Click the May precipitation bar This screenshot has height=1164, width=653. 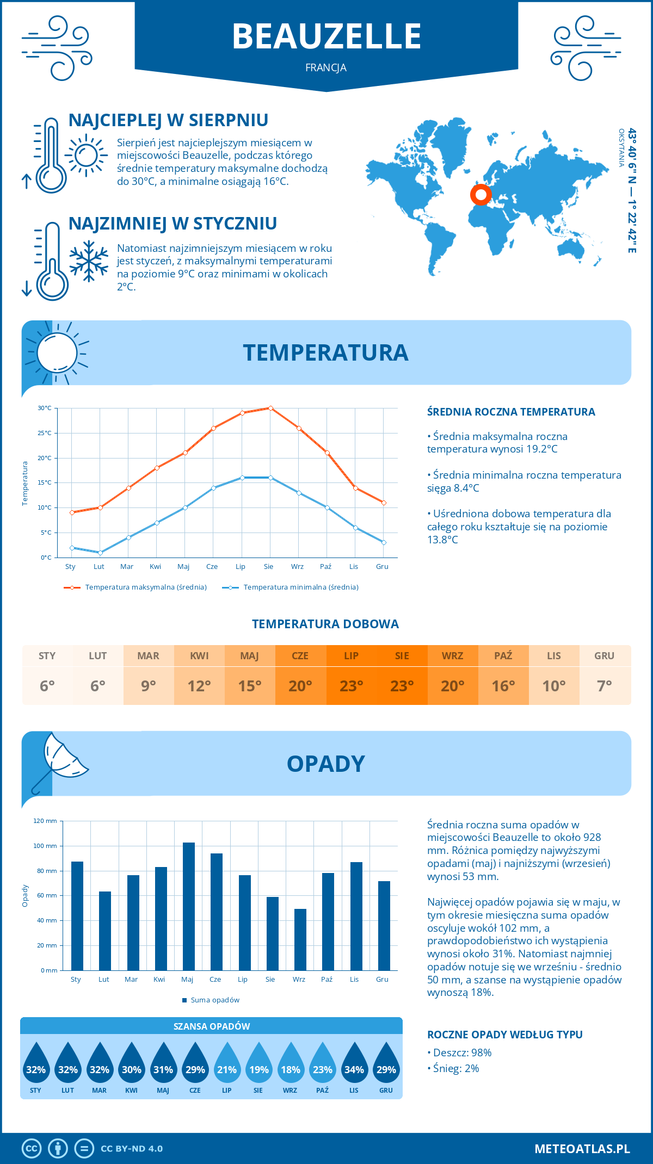coord(189,906)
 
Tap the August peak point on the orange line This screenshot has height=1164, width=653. coord(270,408)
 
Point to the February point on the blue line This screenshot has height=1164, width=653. coord(100,553)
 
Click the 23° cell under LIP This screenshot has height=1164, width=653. coord(351,686)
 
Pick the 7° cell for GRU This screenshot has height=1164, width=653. coord(604,686)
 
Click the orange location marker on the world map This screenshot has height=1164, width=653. coord(480,194)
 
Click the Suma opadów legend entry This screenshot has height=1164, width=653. coord(214,1000)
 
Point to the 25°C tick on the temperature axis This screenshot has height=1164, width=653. coord(45,433)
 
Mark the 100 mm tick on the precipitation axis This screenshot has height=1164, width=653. coord(45,846)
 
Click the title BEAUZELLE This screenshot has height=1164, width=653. coord(326,36)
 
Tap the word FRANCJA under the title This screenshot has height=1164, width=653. coord(326,68)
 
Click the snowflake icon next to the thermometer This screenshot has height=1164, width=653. coord(89,261)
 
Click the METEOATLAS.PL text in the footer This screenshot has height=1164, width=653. coord(582,1149)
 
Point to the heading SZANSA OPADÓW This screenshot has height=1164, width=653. coord(212,1026)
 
